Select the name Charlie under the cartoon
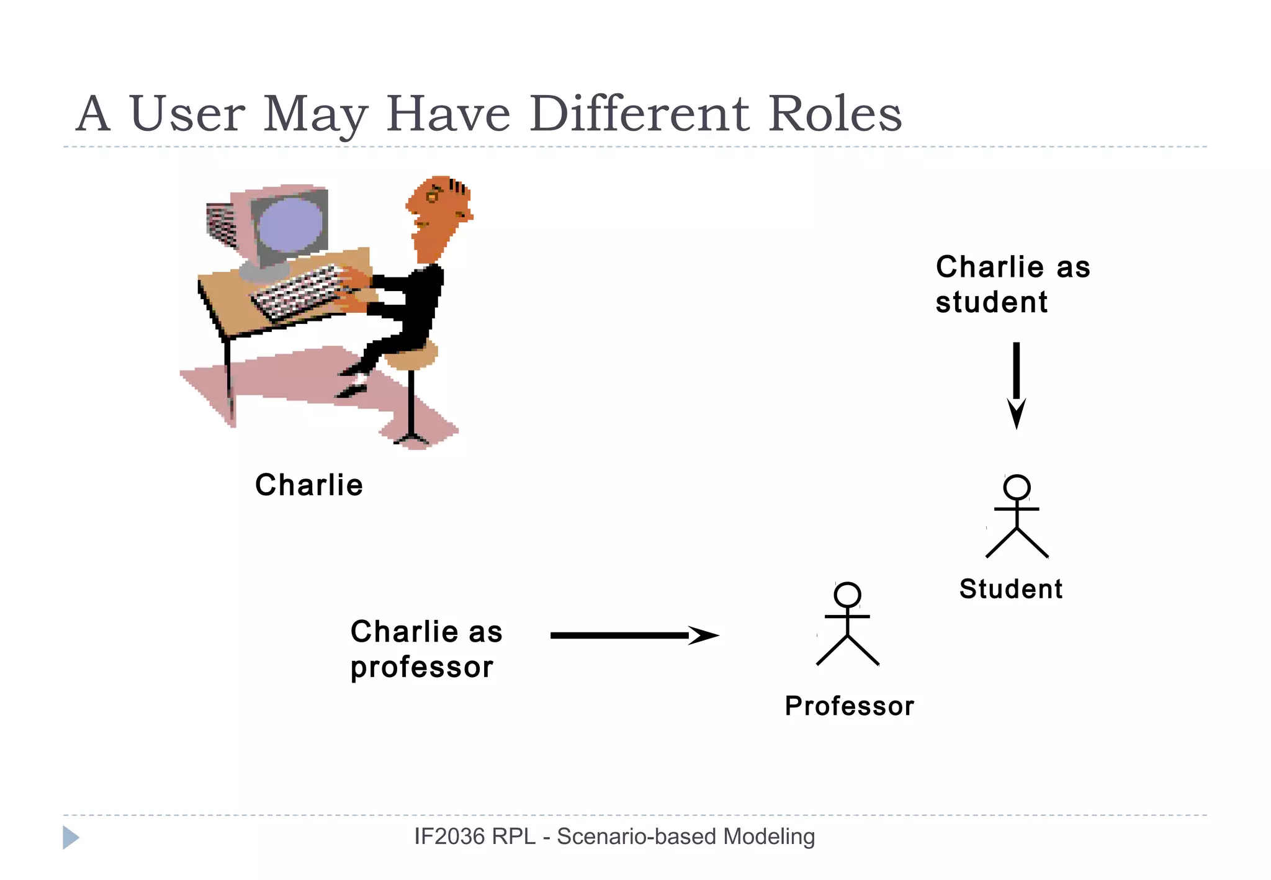[309, 485]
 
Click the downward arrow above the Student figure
[1016, 385]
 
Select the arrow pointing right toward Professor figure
[633, 635]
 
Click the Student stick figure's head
[1017, 488]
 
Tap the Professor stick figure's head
[848, 595]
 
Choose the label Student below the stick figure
[1010, 589]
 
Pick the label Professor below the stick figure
[849, 706]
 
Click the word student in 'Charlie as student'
[991, 302]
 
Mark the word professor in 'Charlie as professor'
[421, 668]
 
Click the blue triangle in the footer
[70, 837]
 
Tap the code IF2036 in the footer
[449, 837]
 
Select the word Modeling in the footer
[769, 837]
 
